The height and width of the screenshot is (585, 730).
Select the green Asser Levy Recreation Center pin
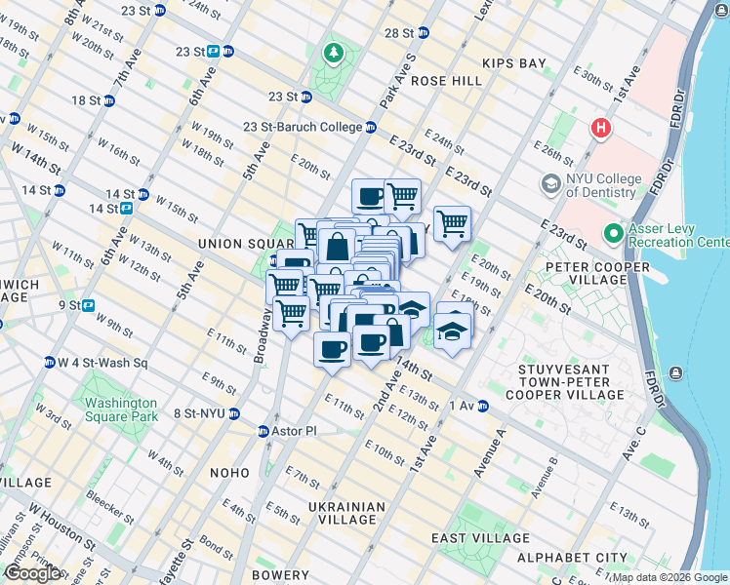pyautogui.click(x=613, y=233)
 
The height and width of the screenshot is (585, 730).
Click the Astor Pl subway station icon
pyautogui.click(x=264, y=431)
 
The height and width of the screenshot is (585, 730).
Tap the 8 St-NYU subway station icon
pyautogui.click(x=234, y=413)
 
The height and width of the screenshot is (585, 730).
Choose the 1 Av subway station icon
pyautogui.click(x=482, y=406)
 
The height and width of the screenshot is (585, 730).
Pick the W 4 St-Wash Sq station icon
pyautogui.click(x=49, y=363)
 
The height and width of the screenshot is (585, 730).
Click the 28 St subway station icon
pyautogui.click(x=423, y=32)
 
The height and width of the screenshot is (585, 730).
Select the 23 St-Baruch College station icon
pyautogui.click(x=371, y=127)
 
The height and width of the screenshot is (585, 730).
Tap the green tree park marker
pyautogui.click(x=334, y=51)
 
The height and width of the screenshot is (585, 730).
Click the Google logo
pyautogui.click(x=32, y=573)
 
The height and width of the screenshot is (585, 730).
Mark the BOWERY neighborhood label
pyautogui.click(x=281, y=576)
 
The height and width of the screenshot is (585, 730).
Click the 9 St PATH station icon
pyautogui.click(x=89, y=305)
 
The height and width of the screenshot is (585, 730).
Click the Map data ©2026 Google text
pyautogui.click(x=669, y=577)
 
